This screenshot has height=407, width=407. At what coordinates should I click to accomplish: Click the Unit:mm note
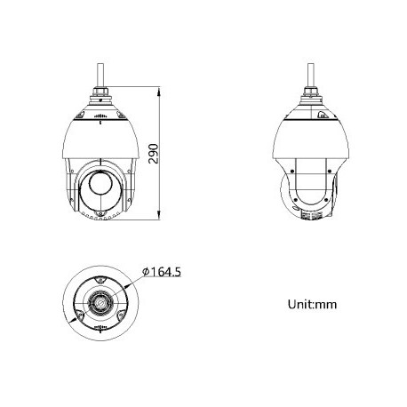point(311,305)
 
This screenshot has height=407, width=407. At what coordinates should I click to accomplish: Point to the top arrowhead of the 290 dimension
point(158,89)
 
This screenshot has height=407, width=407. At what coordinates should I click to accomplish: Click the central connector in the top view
point(100,299)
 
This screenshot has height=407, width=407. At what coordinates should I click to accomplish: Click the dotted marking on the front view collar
point(100,116)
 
